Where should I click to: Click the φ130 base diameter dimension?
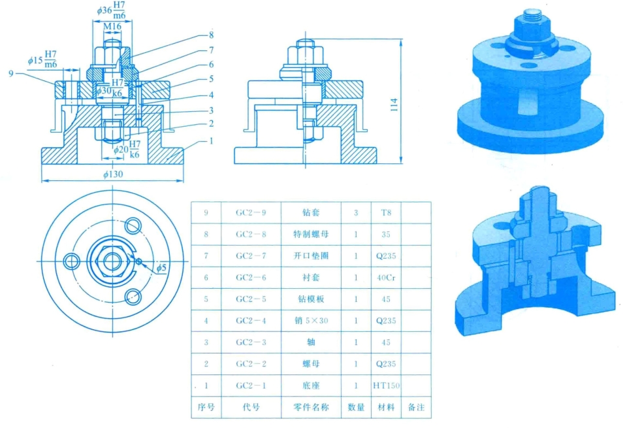tap(113, 174)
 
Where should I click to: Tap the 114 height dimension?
tap(394, 105)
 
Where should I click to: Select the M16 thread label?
tap(112, 26)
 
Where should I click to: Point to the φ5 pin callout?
tap(161, 268)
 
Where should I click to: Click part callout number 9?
tap(10, 73)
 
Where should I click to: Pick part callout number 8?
tap(211, 35)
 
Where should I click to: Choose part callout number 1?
tap(211, 140)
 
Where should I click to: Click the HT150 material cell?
tap(386, 386)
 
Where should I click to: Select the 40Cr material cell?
tap(386, 277)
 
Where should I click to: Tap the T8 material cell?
tap(386, 212)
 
